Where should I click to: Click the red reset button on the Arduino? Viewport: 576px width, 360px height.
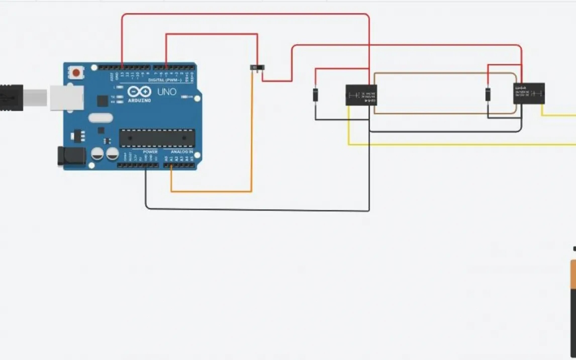click(x=76, y=72)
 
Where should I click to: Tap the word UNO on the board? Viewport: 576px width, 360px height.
click(x=167, y=92)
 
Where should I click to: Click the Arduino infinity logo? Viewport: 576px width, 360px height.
click(x=139, y=92)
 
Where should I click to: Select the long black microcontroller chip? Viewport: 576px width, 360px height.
click(x=156, y=138)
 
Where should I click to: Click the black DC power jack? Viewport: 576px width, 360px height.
click(x=67, y=156)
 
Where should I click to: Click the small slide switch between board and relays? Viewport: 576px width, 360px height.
click(x=257, y=68)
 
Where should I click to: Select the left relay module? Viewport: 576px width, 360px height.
click(x=361, y=95)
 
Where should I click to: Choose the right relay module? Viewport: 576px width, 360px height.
click(x=529, y=94)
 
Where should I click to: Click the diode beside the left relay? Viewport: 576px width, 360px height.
click(x=316, y=95)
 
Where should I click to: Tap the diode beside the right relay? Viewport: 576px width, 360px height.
click(x=488, y=94)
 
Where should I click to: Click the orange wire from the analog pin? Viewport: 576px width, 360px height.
click(x=211, y=191)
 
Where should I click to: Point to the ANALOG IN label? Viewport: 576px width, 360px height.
click(x=182, y=151)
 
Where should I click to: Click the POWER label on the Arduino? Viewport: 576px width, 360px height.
click(x=150, y=151)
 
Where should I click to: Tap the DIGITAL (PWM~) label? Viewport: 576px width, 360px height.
click(x=165, y=80)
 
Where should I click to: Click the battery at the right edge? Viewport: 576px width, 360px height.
click(x=573, y=302)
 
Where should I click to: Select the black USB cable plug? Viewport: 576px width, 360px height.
click(x=11, y=97)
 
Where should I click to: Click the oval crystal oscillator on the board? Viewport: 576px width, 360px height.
click(x=101, y=118)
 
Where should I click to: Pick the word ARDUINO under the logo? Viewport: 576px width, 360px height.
click(x=139, y=100)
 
